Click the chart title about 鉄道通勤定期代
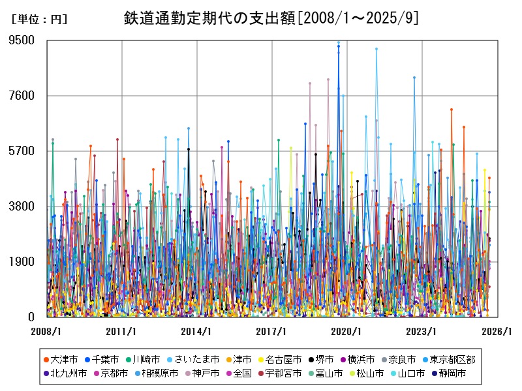pos(271,18)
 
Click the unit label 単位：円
pos(39,20)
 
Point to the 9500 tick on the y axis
pos(22,40)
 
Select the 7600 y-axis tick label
pos(22,96)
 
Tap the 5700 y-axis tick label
pos(22,151)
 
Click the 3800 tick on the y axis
pos(22,207)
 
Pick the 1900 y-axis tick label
pos(22,262)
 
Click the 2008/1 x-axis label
pos(46,332)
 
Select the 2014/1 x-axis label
pos(196,332)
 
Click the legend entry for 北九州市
pos(69,373)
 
